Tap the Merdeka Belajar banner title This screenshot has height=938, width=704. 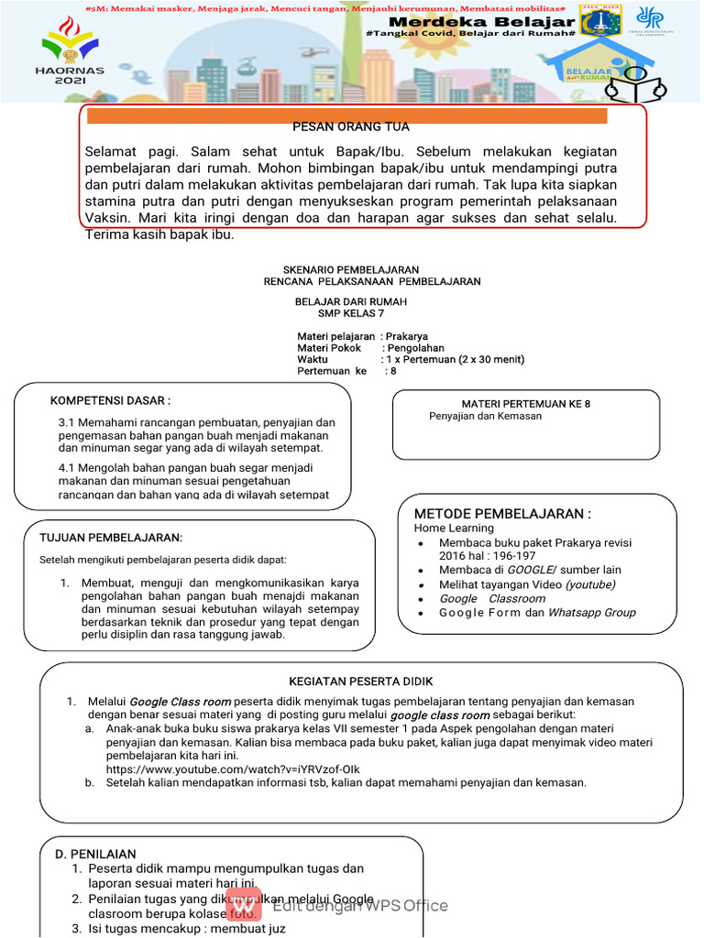point(481,22)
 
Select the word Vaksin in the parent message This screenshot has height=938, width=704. point(105,218)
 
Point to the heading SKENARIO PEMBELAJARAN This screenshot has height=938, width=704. point(351,269)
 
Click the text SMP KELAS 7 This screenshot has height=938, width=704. point(351,313)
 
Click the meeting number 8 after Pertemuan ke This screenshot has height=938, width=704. point(392,371)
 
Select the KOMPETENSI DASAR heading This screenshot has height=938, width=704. point(110,401)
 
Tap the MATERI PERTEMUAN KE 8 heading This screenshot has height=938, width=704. point(525,404)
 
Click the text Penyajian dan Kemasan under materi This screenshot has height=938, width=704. point(485,416)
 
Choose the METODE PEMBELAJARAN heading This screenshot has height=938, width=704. point(502,513)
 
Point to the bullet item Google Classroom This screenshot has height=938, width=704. point(491,598)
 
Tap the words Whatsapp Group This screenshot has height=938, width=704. point(591,613)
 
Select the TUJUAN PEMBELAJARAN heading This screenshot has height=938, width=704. point(111,537)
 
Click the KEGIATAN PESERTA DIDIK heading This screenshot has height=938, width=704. point(361,682)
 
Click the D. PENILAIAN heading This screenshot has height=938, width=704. point(95,854)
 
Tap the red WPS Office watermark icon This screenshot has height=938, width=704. point(244,904)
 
